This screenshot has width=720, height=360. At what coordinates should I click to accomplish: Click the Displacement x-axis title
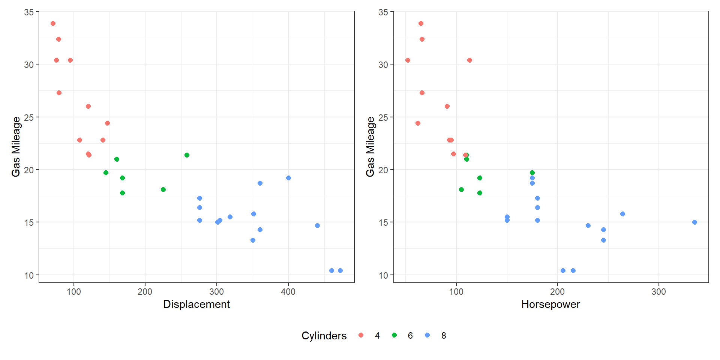pyautogui.click(x=196, y=304)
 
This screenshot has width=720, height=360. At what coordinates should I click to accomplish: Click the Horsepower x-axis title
pyautogui.click(x=550, y=304)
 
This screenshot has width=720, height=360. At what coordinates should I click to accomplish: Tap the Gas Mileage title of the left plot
pyautogui.click(x=16, y=147)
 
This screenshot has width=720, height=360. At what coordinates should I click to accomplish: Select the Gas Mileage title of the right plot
pyautogui.click(x=370, y=147)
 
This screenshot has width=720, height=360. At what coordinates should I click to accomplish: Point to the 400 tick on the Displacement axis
pyautogui.click(x=288, y=292)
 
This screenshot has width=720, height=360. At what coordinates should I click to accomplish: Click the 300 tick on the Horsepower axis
pyautogui.click(x=658, y=292)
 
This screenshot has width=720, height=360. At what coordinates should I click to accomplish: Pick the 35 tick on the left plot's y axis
pyautogui.click(x=29, y=12)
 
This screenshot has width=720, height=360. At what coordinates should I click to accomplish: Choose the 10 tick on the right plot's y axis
pyautogui.click(x=383, y=276)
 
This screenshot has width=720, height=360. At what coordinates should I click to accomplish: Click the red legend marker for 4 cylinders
pyautogui.click(x=361, y=335)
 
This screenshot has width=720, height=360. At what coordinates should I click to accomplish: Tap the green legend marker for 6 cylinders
pyautogui.click(x=394, y=335)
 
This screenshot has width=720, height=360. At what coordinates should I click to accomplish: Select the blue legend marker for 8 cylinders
pyautogui.click(x=427, y=335)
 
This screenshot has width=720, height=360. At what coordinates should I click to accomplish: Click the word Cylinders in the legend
pyautogui.click(x=324, y=336)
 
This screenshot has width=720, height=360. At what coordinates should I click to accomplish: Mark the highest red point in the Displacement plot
pyautogui.click(x=53, y=24)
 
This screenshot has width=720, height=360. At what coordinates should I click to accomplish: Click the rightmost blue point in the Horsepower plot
pyautogui.click(x=694, y=222)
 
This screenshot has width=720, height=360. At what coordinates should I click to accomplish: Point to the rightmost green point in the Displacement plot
pyautogui.click(x=187, y=155)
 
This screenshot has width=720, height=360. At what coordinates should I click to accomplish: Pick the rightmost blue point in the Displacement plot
pyautogui.click(x=340, y=270)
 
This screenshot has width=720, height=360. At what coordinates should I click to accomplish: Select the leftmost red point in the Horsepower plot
pyautogui.click(x=408, y=60)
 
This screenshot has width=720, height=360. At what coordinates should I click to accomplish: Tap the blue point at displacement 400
pyautogui.click(x=288, y=178)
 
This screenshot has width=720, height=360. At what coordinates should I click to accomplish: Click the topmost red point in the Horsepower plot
pyautogui.click(x=421, y=24)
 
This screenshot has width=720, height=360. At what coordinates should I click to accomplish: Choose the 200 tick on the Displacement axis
pyautogui.click(x=145, y=292)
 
